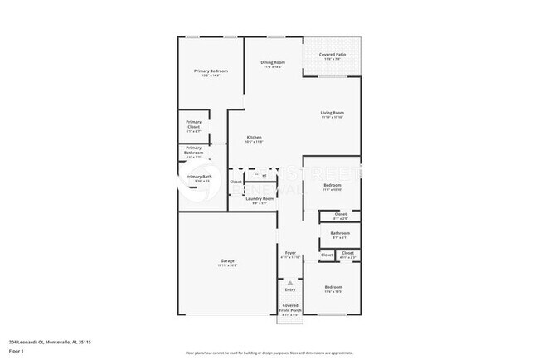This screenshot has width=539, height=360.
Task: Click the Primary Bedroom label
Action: tap(211, 71)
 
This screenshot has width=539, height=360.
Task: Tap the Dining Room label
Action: tap(274, 63)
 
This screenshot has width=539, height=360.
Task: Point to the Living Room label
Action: tap(333, 113)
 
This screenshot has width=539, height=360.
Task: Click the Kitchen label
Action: tap(255, 137)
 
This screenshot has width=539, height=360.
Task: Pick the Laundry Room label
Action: tap(253, 199)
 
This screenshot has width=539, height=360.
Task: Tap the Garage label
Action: tap(227, 260)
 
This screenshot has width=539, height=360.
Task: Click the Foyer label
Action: tap(290, 252)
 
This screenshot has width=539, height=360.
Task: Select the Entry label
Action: tap(290, 289)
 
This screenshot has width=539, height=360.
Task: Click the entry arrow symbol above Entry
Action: tap(290, 282)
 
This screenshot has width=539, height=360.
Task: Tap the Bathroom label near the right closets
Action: tap(340, 233)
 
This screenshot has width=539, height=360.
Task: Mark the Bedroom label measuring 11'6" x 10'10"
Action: tap(333, 184)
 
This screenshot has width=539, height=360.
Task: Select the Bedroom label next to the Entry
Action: tap(333, 287)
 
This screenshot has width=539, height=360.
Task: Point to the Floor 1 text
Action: tap(17, 351)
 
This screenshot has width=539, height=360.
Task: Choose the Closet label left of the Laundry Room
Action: tap(236, 182)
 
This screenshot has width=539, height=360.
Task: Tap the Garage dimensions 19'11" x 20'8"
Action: tap(227, 265)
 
